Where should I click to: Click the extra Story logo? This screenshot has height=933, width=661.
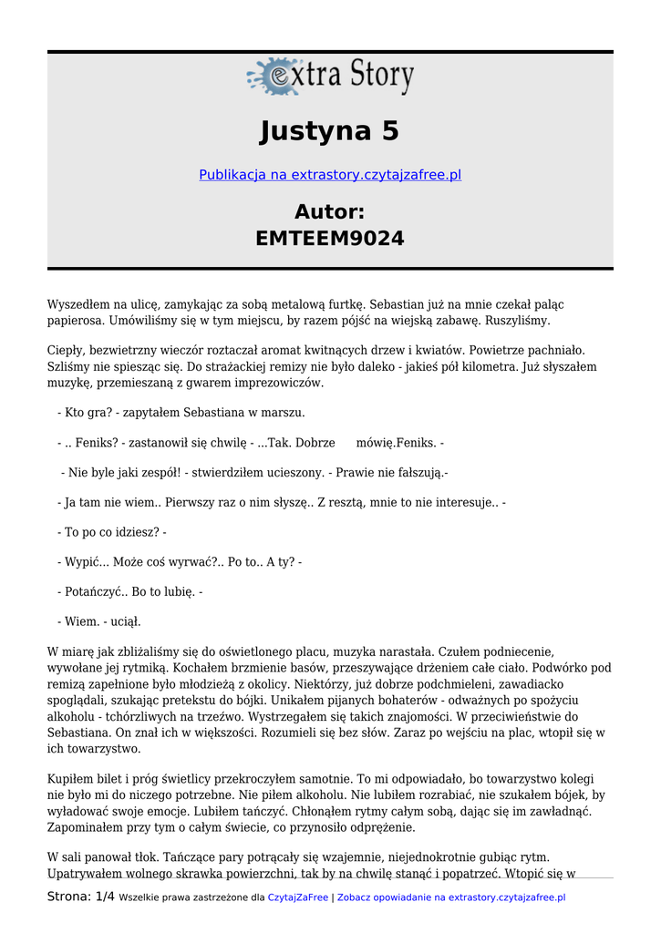[330, 77]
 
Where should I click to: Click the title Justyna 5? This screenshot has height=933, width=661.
[330, 131]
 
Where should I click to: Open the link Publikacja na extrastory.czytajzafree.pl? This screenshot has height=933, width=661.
[330, 174]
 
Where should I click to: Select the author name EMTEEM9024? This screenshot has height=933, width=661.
[330, 239]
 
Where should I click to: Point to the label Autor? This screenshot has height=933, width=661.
[330, 211]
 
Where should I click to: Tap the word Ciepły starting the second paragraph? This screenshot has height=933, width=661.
[66, 350]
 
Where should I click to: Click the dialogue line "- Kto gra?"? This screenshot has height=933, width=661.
[181, 412]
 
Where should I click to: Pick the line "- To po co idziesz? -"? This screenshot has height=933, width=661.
[111, 532]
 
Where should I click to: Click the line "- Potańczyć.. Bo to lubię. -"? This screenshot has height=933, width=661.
[129, 591]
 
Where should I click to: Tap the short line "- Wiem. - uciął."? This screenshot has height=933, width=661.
[98, 621]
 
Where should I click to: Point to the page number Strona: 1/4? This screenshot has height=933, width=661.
[81, 897]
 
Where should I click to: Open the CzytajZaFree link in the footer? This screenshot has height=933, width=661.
[297, 897]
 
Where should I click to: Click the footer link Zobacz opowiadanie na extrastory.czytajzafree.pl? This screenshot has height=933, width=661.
[451, 897]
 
